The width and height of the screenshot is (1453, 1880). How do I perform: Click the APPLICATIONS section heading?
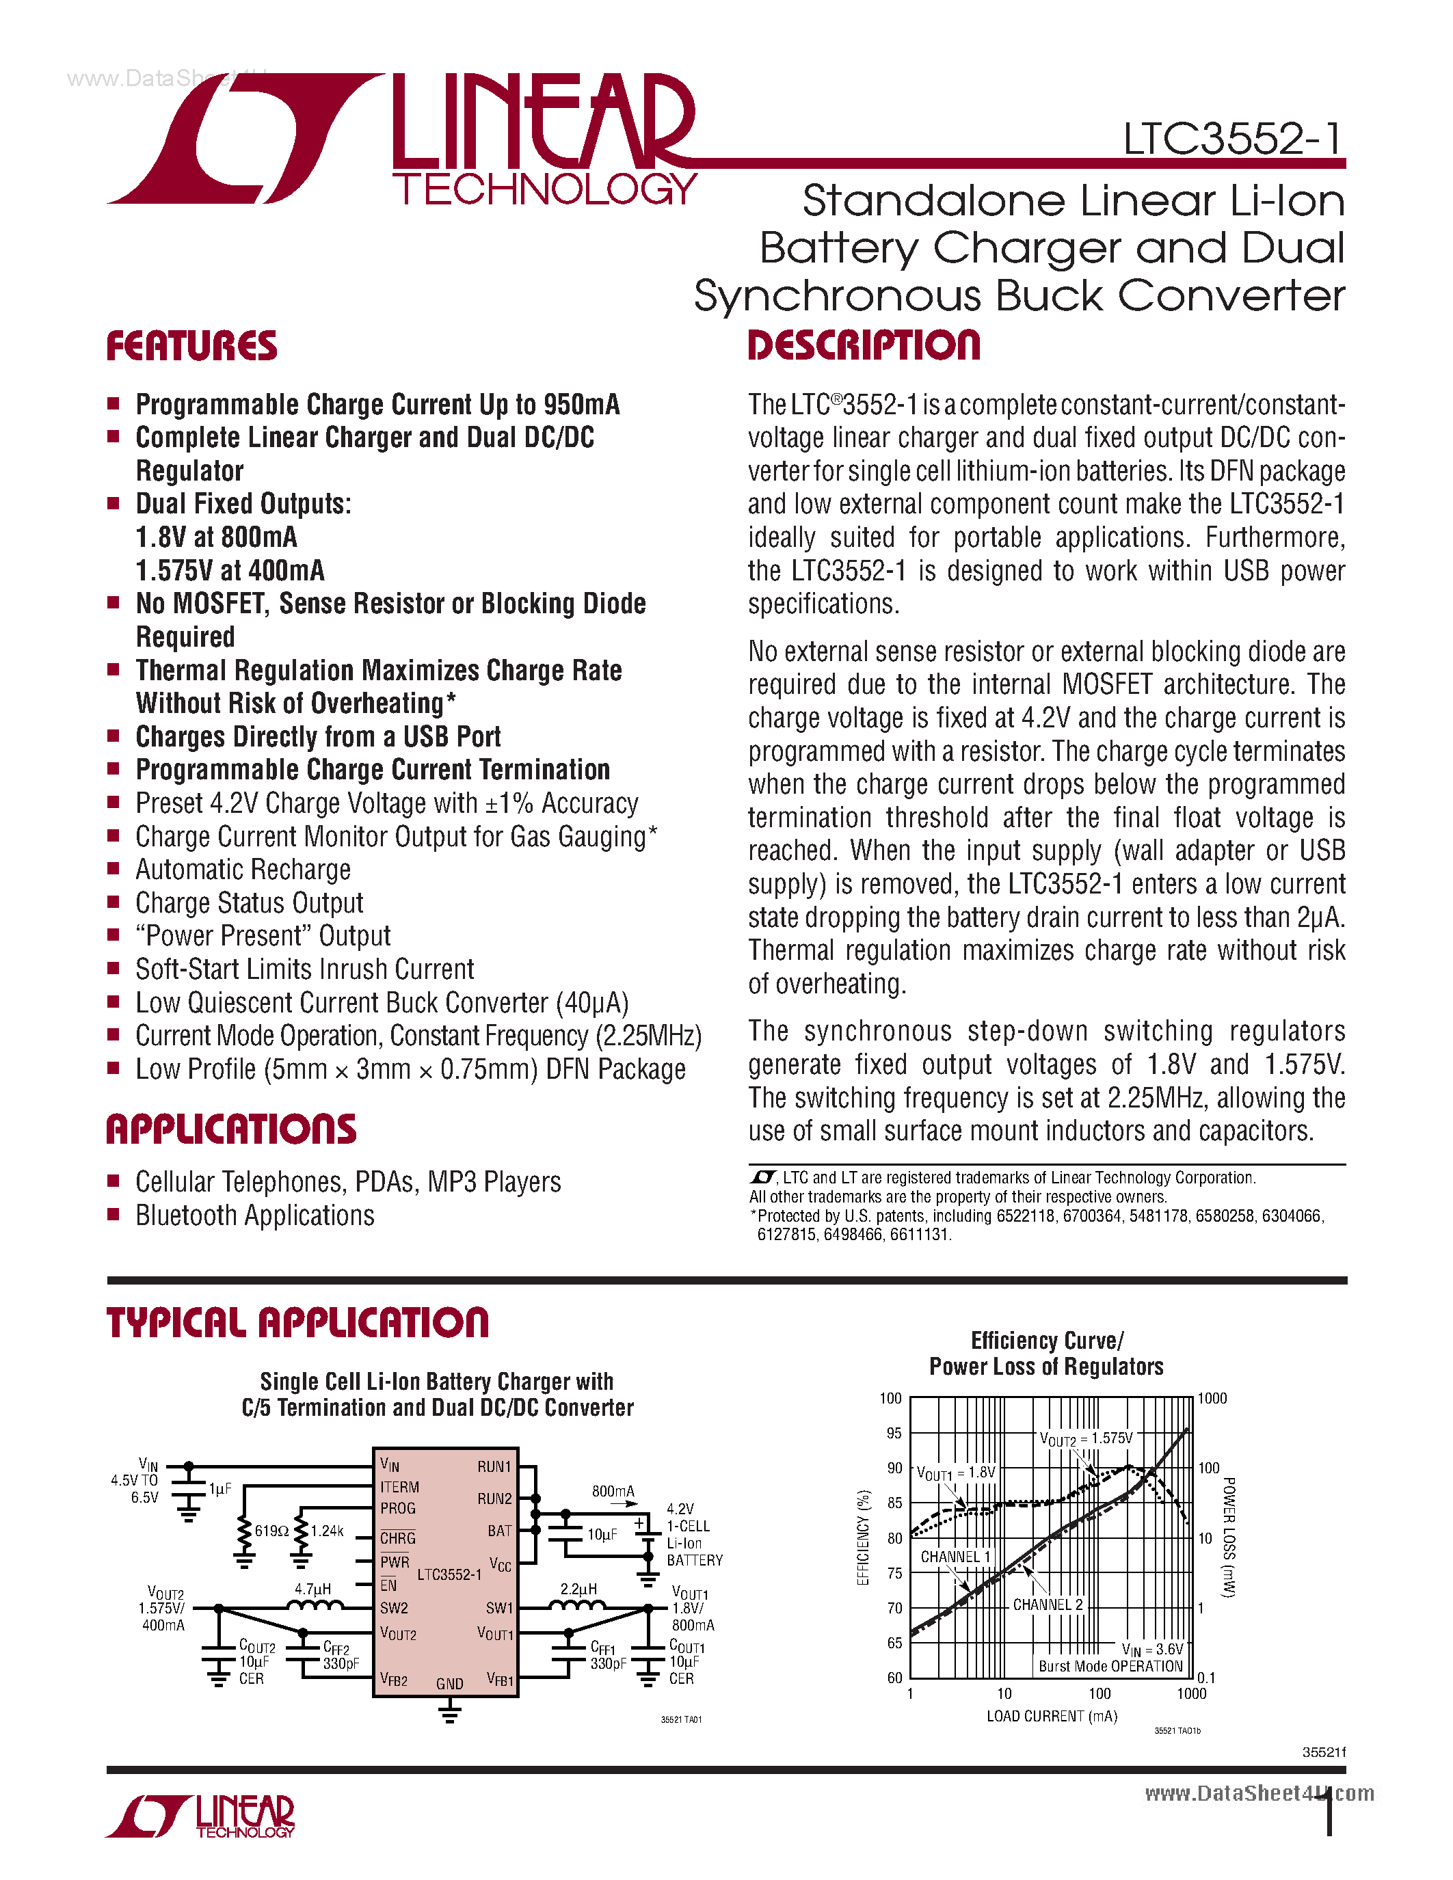click(x=230, y=1129)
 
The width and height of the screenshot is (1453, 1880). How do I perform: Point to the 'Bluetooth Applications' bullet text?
click(x=255, y=1216)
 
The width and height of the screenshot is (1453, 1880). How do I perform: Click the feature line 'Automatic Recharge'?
click(x=243, y=870)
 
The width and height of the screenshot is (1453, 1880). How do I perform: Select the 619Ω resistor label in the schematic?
click(x=271, y=1531)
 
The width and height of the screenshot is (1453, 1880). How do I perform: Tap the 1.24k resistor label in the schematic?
click(x=327, y=1531)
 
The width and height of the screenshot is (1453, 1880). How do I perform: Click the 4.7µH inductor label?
click(x=312, y=1589)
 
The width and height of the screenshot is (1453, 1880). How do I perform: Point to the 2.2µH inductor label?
click(x=578, y=1589)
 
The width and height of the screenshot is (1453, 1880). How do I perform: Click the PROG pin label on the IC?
click(x=398, y=1509)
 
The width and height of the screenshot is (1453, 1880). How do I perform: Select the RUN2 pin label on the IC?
click(x=494, y=1499)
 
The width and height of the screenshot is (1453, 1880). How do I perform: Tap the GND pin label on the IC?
click(x=449, y=1684)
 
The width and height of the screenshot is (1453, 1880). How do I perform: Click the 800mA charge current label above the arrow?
click(x=613, y=1491)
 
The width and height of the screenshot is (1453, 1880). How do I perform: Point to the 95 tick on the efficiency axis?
click(x=894, y=1433)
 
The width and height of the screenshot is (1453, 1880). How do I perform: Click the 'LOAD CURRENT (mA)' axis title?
click(x=1051, y=1717)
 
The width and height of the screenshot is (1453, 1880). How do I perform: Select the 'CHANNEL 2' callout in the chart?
click(x=1048, y=1604)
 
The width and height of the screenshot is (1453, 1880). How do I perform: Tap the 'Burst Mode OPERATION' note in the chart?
click(x=1110, y=1667)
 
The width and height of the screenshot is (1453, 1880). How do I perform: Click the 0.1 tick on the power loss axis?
click(x=1206, y=1678)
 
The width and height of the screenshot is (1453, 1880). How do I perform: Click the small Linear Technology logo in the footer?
click(x=200, y=1817)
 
